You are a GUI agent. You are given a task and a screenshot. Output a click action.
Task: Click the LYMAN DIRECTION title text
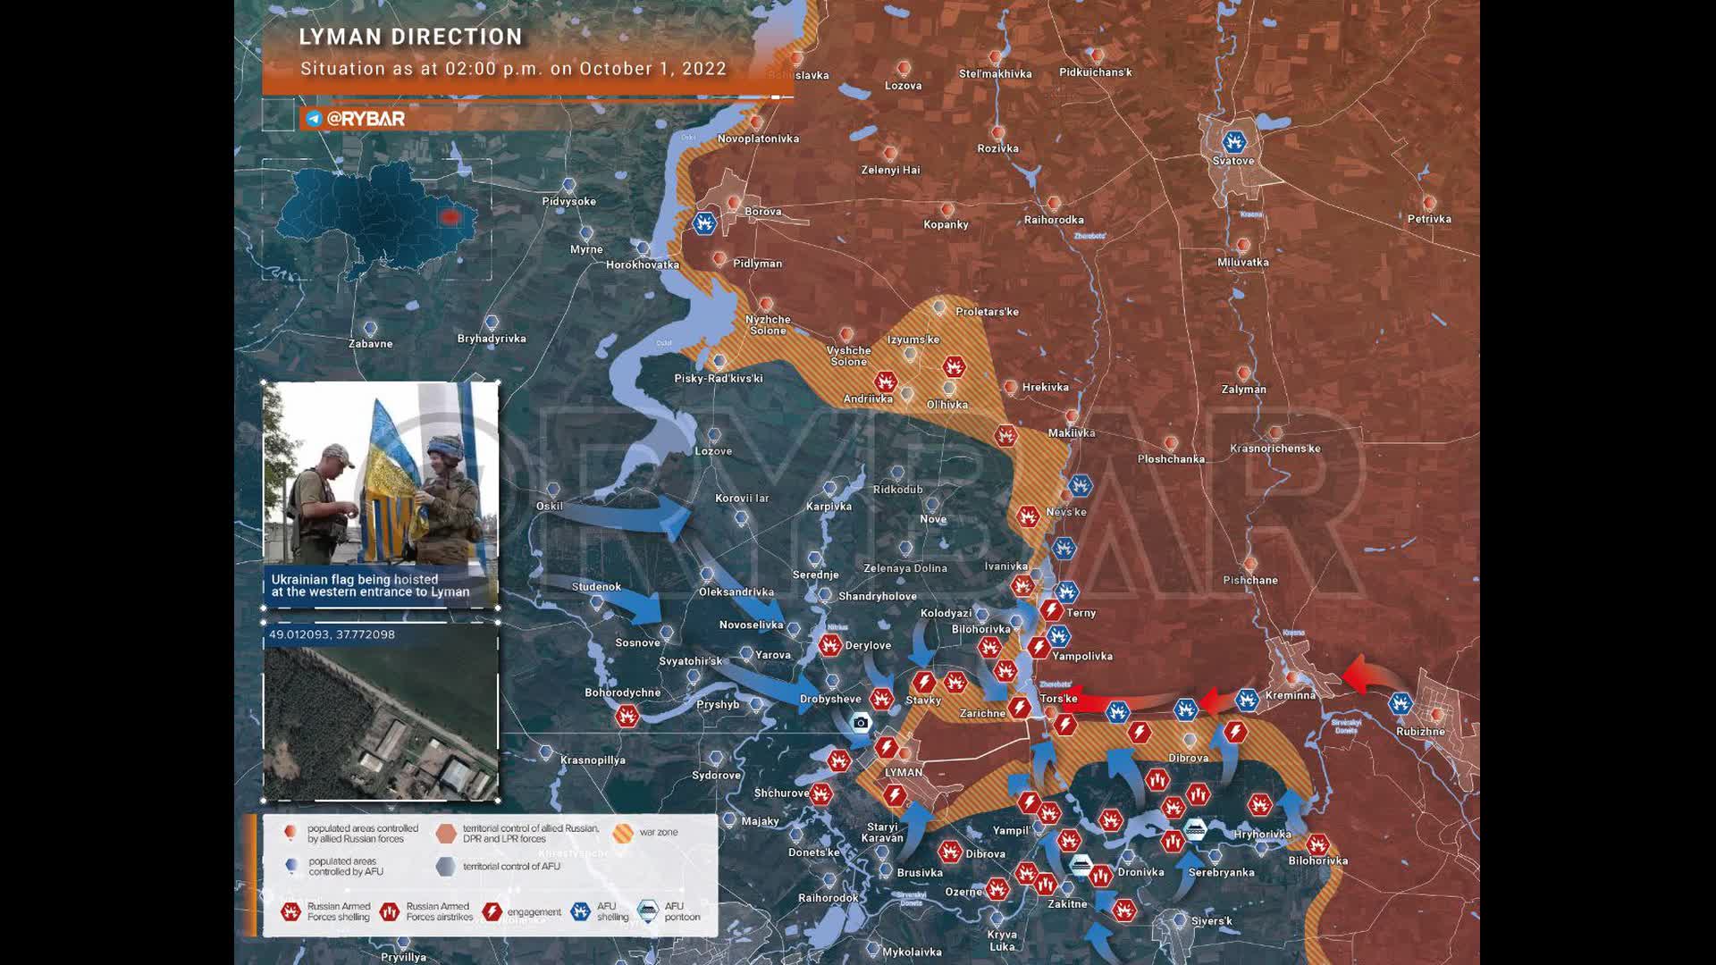pos(410,37)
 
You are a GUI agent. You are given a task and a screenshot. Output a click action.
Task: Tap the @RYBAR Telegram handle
pos(366,119)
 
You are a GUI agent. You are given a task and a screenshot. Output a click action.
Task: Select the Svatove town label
pos(1233,161)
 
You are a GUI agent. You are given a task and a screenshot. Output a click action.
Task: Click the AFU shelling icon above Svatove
pos(1234,142)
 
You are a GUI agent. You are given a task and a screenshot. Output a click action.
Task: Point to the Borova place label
pos(763,212)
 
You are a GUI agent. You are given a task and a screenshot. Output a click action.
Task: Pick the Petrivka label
pos(1429,219)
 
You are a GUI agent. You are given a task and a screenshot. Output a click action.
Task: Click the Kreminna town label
pos(1290,695)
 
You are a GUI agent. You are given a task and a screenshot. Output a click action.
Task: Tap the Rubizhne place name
pos(1420,732)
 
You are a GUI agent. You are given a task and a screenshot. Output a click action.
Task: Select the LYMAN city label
pos(904,772)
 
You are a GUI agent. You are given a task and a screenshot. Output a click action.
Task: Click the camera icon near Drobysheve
pos(861,723)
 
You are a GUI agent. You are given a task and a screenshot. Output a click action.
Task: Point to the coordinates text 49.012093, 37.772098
pos(332,634)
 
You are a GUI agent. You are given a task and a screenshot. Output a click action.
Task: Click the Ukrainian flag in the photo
pos(393,465)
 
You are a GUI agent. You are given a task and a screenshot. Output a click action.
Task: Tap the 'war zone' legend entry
pos(658,833)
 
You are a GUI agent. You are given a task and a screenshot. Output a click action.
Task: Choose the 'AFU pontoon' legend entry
pos(681,911)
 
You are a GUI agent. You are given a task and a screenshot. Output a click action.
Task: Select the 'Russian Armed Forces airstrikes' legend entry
pos(438,911)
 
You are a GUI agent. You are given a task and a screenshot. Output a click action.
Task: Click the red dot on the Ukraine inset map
pos(449,217)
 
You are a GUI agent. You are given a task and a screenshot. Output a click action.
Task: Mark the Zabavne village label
pos(370,344)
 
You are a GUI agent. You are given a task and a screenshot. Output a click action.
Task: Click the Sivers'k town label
pos(1211,921)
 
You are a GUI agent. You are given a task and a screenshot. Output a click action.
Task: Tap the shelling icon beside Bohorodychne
pos(627,716)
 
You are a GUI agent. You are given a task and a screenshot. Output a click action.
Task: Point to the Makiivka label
pos(1072,433)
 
